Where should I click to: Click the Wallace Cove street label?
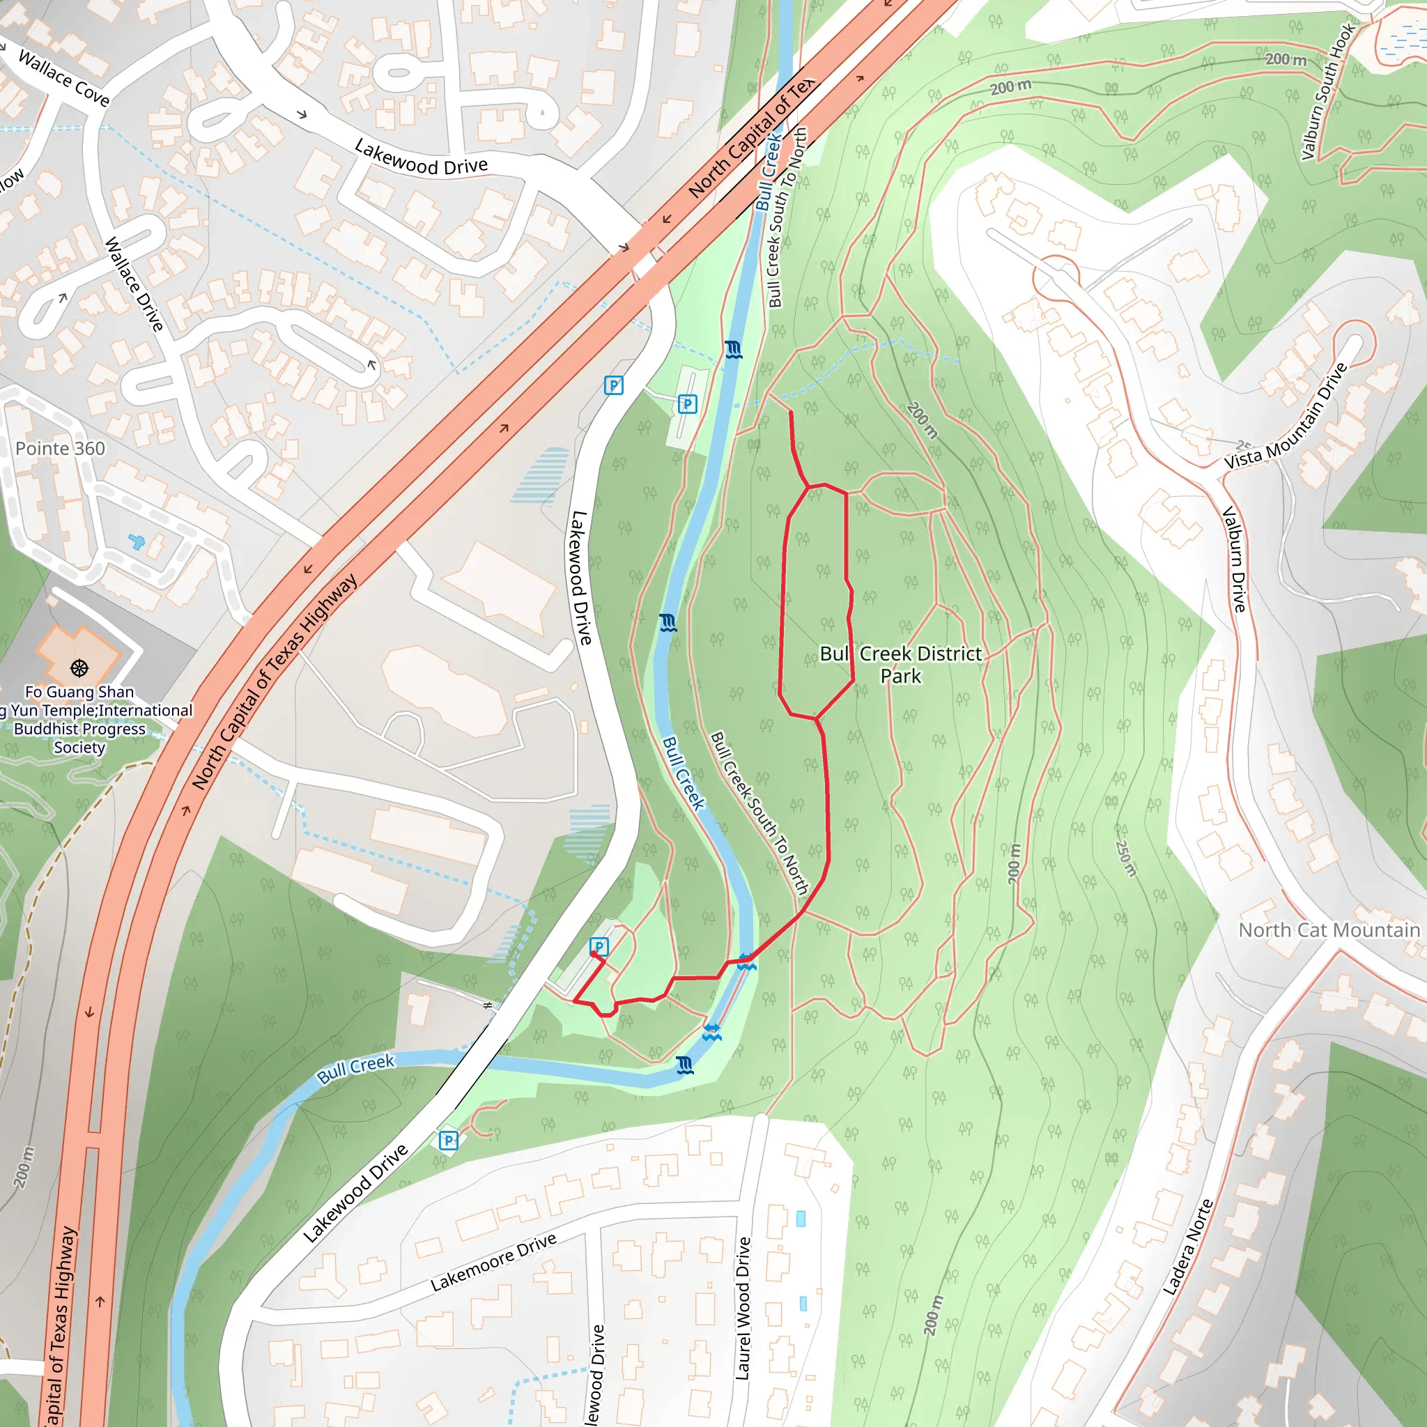[x=63, y=77]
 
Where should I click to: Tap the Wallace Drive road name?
[x=134, y=284]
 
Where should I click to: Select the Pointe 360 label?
[x=60, y=448]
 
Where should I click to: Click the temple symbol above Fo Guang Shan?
[x=79, y=668]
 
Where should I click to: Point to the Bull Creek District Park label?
[x=901, y=664]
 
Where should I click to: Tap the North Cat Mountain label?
[x=1329, y=930]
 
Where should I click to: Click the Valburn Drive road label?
[x=1234, y=558]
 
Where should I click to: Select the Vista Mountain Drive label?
[x=1287, y=416]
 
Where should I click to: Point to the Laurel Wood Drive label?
[x=743, y=1308]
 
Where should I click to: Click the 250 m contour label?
[x=1126, y=858]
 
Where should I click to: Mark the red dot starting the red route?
[x=594, y=955]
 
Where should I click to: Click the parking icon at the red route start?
[x=599, y=946]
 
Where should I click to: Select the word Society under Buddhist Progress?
[x=79, y=747]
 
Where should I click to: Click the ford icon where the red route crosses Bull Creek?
[x=746, y=961]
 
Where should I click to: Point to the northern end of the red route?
[x=791, y=412]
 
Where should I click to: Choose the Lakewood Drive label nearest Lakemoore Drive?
[x=356, y=1192]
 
